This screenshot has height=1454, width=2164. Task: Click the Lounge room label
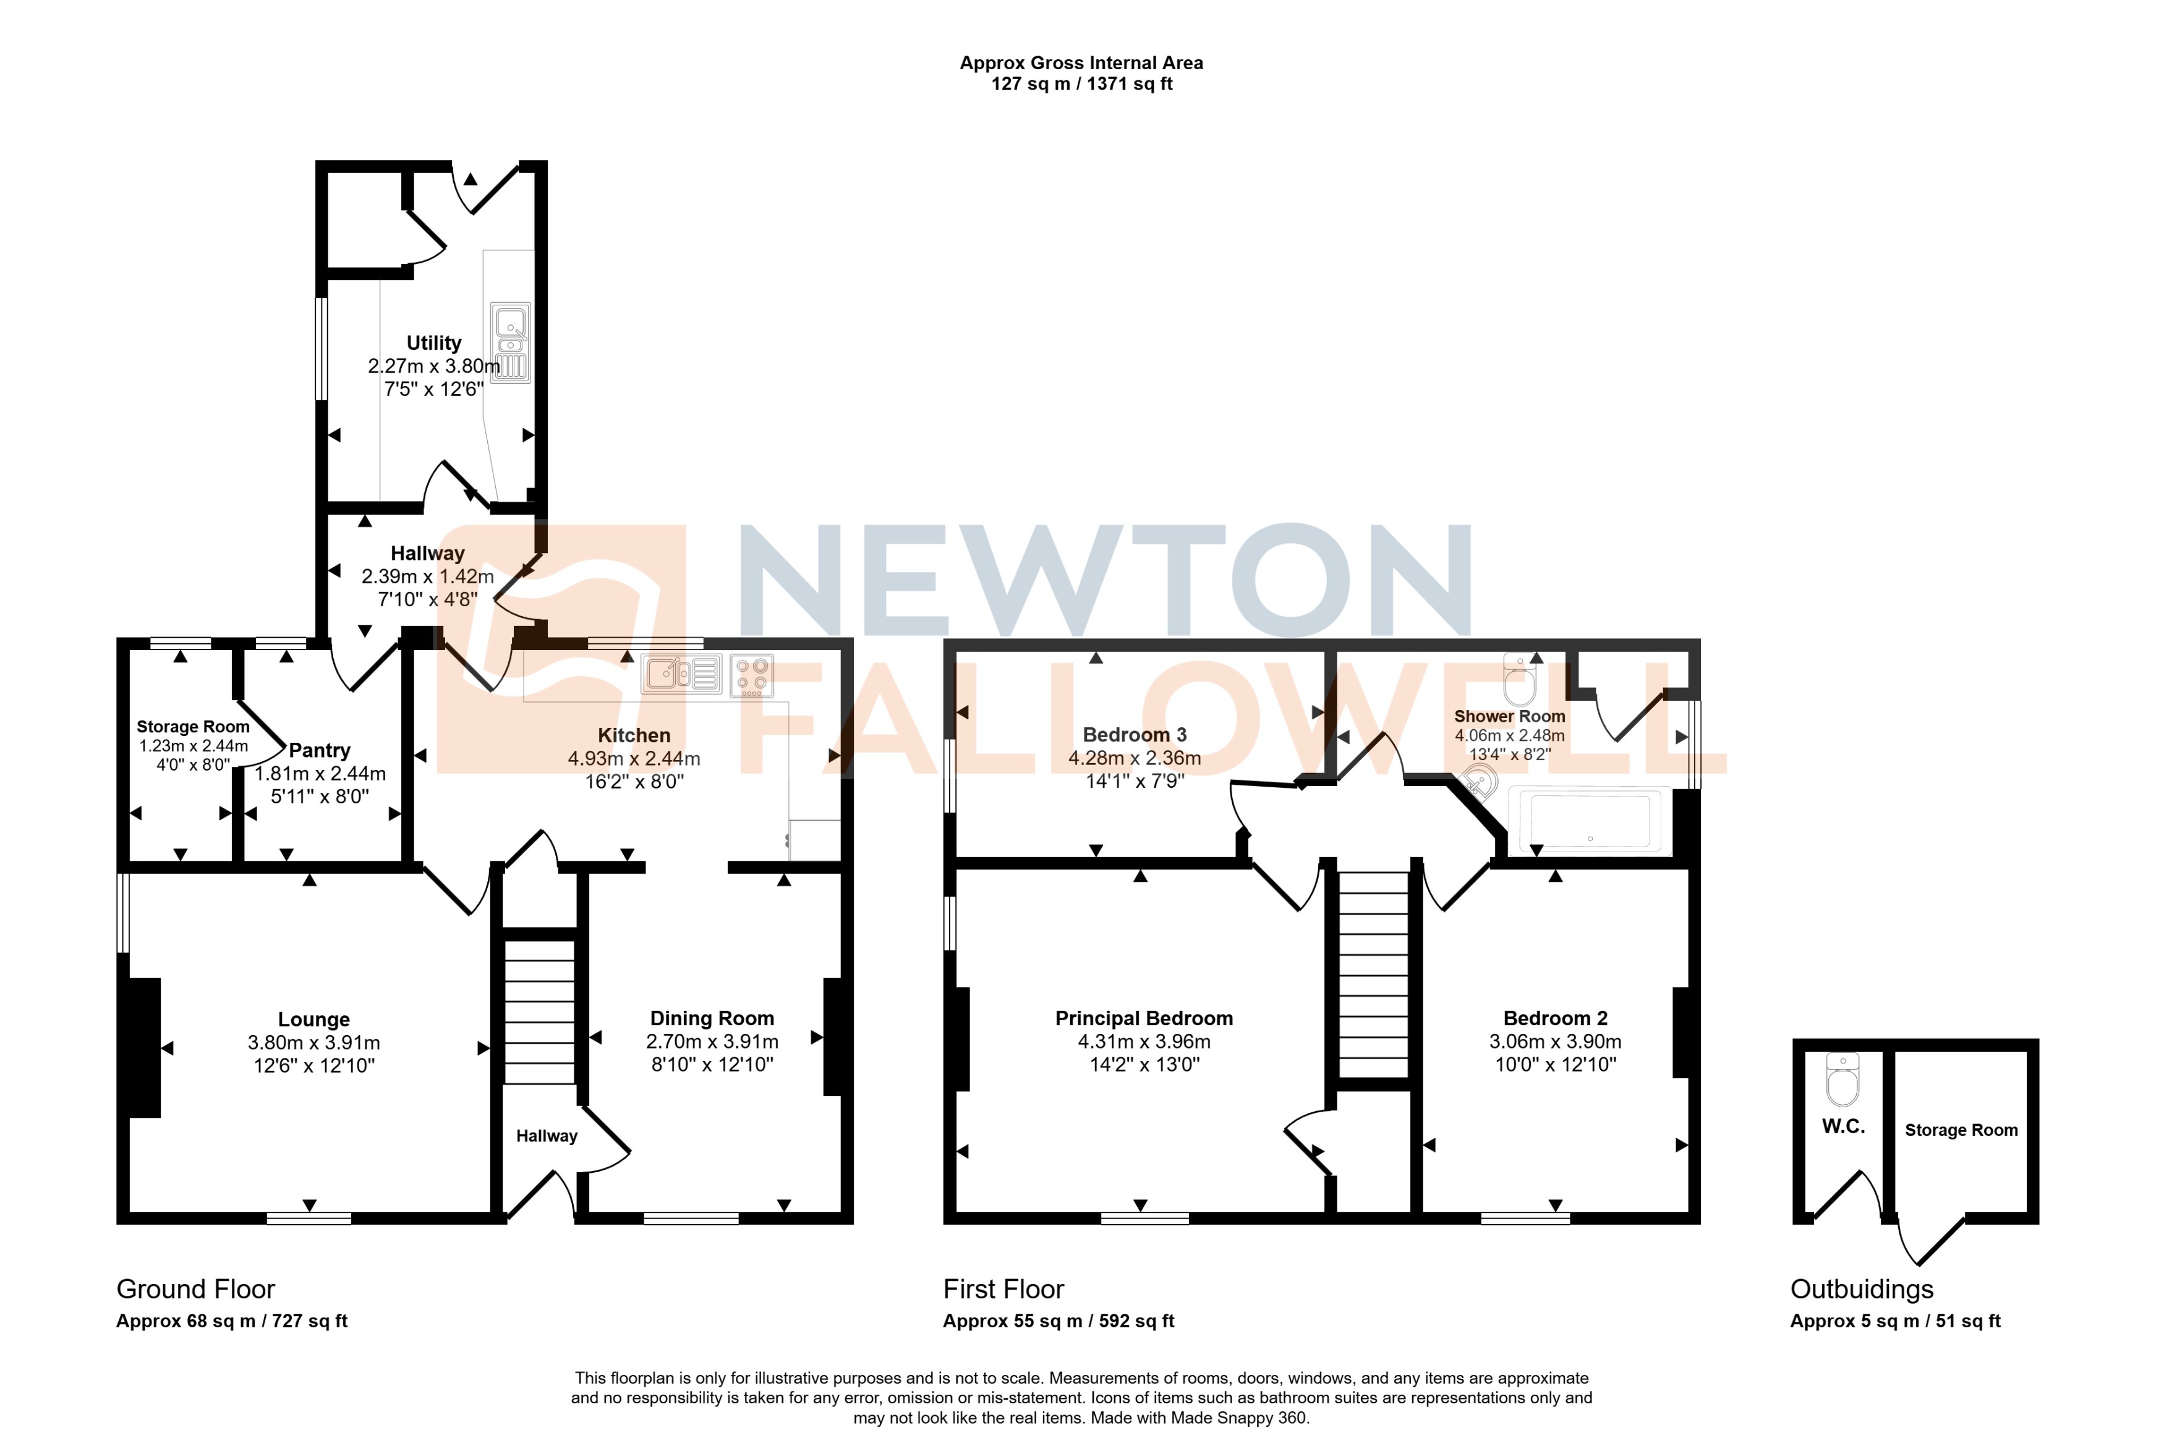[x=313, y=1020]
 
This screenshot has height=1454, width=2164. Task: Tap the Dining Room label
[x=712, y=1018]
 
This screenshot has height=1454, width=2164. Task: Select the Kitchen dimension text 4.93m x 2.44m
[x=634, y=759]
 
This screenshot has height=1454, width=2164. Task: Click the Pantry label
[x=319, y=750]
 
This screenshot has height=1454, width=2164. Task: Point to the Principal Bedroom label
[x=1144, y=1018]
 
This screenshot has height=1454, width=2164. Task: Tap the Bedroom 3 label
[x=1135, y=735]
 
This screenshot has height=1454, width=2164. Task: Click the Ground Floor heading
[x=196, y=1289]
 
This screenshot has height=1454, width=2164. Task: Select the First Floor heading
[x=1003, y=1289]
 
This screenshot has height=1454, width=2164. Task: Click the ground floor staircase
[x=539, y=1011]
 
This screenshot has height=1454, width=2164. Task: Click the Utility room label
[x=433, y=343]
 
